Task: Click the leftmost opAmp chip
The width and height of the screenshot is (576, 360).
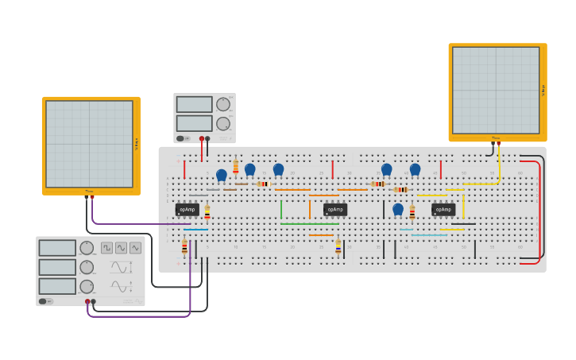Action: [187, 210]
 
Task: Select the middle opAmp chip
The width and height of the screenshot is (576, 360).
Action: [335, 210]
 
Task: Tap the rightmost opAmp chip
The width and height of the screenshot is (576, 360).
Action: [443, 210]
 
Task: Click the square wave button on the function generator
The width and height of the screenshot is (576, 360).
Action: [106, 248]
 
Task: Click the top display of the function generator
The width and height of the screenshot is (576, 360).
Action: [57, 248]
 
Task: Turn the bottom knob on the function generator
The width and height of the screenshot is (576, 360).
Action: [87, 286]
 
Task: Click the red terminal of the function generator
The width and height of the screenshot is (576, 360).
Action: [87, 301]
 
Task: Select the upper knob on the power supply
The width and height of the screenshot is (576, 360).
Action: [223, 104]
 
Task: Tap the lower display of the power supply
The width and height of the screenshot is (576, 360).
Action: [195, 123]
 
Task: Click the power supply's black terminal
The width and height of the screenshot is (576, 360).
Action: [207, 138]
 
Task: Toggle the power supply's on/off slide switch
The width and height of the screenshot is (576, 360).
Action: [181, 138]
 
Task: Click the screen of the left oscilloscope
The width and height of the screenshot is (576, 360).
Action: [89, 144]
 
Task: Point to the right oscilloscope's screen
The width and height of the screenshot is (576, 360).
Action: [496, 90]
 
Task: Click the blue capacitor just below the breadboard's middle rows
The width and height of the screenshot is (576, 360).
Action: [398, 209]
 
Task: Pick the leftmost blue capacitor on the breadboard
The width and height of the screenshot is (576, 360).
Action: [222, 175]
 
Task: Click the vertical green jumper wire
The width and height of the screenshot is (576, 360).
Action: [281, 209]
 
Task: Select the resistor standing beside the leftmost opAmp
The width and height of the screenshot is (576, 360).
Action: [207, 212]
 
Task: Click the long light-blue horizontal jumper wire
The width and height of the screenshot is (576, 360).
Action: [429, 235]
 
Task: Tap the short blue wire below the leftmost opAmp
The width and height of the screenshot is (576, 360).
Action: [196, 230]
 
